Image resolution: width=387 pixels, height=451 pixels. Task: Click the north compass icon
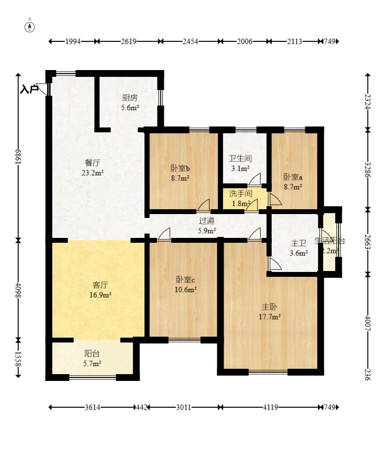30,26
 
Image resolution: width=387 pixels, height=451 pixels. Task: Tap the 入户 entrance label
29,89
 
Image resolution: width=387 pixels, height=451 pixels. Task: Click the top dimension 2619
128,42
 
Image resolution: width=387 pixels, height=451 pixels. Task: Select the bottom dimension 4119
269,407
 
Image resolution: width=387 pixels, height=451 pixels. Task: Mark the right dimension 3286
368,169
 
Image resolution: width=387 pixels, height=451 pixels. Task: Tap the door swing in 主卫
274,264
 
